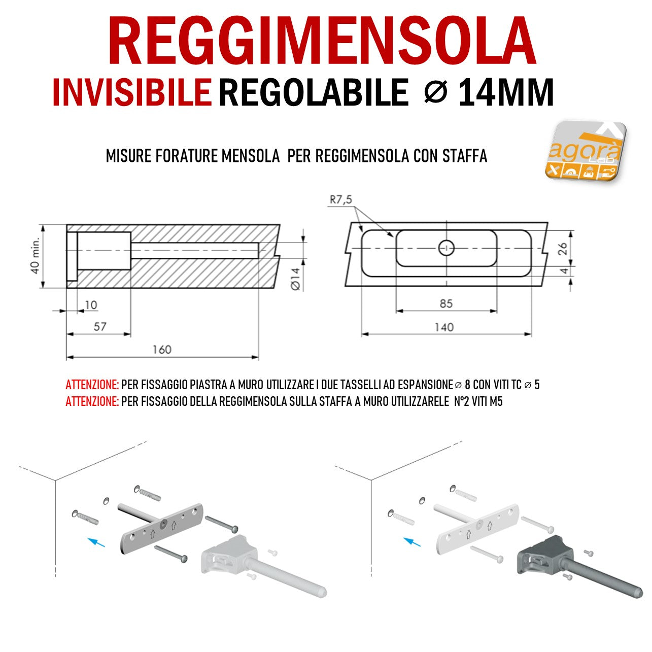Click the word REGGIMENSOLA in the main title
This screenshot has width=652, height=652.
tap(322, 40)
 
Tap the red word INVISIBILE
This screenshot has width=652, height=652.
tap(132, 92)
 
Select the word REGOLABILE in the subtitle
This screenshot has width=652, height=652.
tap(314, 92)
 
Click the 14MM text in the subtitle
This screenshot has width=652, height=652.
tap(505, 92)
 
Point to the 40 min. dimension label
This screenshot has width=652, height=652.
tap(35, 255)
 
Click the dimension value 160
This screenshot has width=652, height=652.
tap(162, 350)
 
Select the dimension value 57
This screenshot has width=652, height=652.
tap(100, 327)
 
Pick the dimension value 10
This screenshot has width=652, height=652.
tap(91, 305)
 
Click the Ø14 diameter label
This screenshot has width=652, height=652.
tap(295, 279)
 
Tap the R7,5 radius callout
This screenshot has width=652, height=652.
tap(341, 199)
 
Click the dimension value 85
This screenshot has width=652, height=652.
tap(447, 303)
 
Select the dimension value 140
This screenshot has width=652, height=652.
tap(444, 327)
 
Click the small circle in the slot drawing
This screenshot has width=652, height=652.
tap(447, 248)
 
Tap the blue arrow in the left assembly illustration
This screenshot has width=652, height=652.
tap(96, 542)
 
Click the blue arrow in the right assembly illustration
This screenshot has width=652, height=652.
tap(412, 542)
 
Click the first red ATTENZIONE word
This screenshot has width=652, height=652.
tap(92, 385)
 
